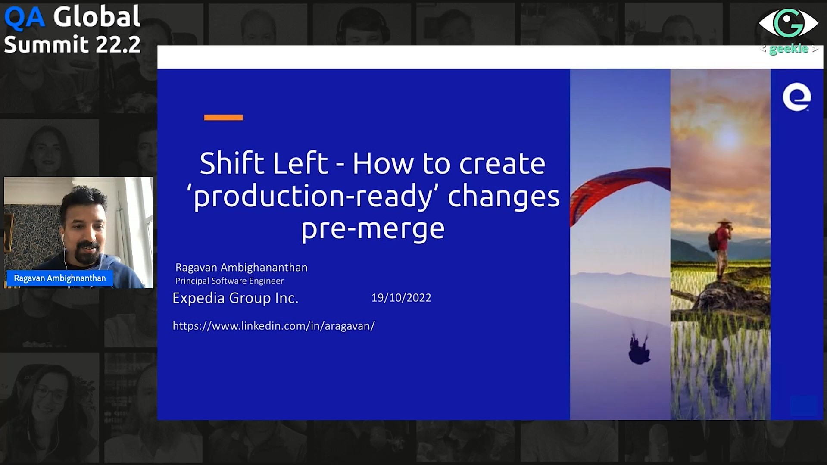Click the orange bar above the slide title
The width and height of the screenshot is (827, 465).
[223, 117]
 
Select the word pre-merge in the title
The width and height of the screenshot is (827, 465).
[373, 229]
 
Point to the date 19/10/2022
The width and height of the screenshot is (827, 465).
[401, 298]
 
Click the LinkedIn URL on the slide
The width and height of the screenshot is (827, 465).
[274, 326]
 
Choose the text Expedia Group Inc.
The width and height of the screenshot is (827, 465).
[235, 298]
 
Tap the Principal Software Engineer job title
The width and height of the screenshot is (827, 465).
[229, 281]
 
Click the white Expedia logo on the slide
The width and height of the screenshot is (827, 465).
[796, 97]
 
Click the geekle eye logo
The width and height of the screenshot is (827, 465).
[788, 23]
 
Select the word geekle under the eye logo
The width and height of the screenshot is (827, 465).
[789, 49]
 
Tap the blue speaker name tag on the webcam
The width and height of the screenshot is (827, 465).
[59, 278]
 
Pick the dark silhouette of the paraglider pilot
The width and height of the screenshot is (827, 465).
[639, 348]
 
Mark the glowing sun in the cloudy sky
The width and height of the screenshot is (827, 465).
[727, 137]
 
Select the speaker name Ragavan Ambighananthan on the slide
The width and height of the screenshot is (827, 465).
[241, 268]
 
